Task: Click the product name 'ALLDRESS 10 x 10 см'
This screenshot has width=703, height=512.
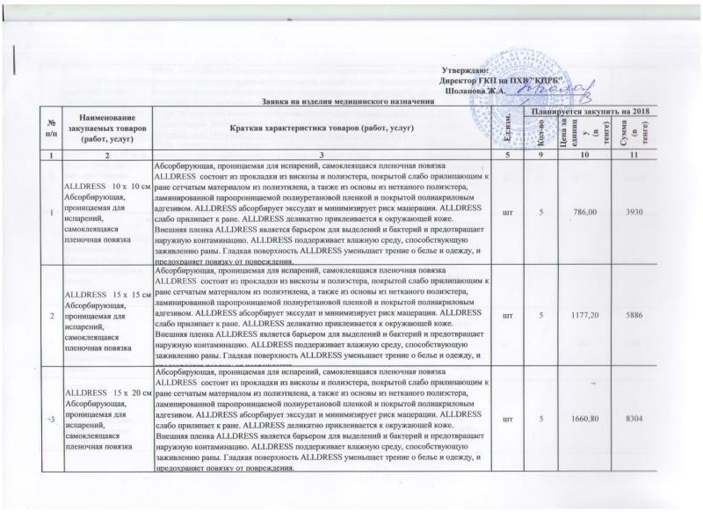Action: click(x=102, y=187)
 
